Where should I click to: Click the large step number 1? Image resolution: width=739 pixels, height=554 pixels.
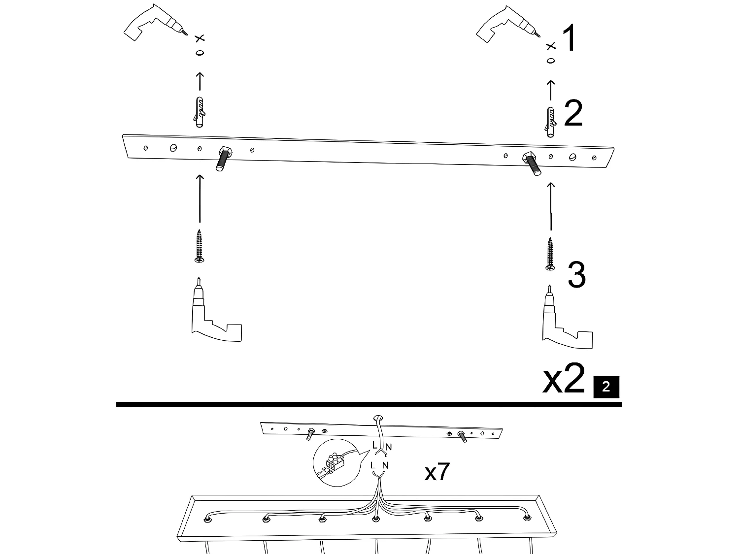pyautogui.click(x=569, y=39)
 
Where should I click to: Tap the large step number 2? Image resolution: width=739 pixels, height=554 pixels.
pyautogui.click(x=573, y=114)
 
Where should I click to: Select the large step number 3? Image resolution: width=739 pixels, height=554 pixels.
pyautogui.click(x=576, y=275)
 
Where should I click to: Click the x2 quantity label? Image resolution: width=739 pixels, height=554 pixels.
pyautogui.click(x=564, y=379)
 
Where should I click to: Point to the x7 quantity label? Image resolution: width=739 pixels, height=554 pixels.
pyautogui.click(x=437, y=473)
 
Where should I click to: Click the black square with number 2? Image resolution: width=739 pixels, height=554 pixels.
pyautogui.click(x=606, y=386)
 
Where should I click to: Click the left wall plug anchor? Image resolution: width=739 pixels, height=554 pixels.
pyautogui.click(x=200, y=112)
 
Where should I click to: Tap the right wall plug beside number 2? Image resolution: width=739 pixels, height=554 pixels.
pyautogui.click(x=551, y=121)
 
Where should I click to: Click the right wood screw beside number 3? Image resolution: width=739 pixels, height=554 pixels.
pyautogui.click(x=550, y=254)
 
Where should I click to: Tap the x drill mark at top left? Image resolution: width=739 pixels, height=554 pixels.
pyautogui.click(x=200, y=38)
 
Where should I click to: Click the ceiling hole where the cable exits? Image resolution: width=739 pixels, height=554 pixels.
pyautogui.click(x=378, y=418)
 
